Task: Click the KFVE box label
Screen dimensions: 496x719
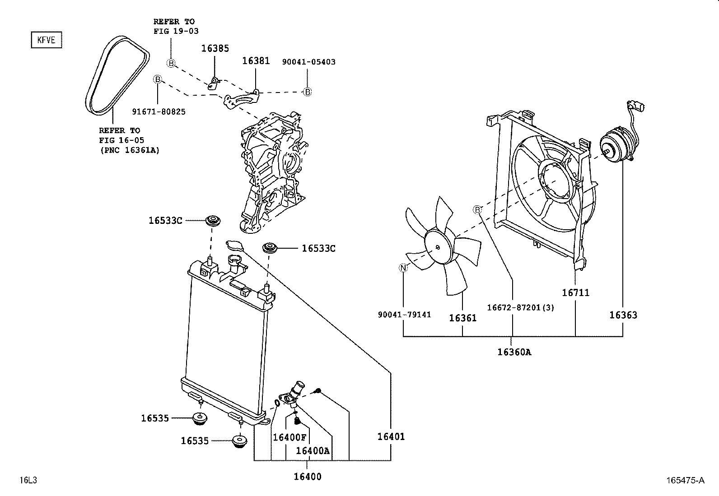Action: (46, 40)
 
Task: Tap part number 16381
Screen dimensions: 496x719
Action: (256, 60)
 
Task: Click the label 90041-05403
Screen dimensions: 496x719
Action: (308, 62)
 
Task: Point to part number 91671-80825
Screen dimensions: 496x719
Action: (159, 111)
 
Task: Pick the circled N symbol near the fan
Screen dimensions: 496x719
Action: (403, 268)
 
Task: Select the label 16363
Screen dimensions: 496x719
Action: (623, 315)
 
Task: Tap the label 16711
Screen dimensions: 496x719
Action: (575, 292)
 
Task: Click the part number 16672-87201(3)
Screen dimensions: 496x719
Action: (520, 307)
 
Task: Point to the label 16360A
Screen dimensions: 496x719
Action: (514, 352)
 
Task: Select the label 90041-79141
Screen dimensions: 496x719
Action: (404, 314)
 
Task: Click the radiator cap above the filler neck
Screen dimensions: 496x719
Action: (234, 245)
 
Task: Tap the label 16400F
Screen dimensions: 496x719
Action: (289, 437)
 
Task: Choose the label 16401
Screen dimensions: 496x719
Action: (391, 436)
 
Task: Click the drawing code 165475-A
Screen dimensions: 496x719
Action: (685, 480)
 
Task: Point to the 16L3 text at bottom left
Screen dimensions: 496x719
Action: (28, 480)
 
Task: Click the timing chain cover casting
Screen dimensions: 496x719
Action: (271, 172)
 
